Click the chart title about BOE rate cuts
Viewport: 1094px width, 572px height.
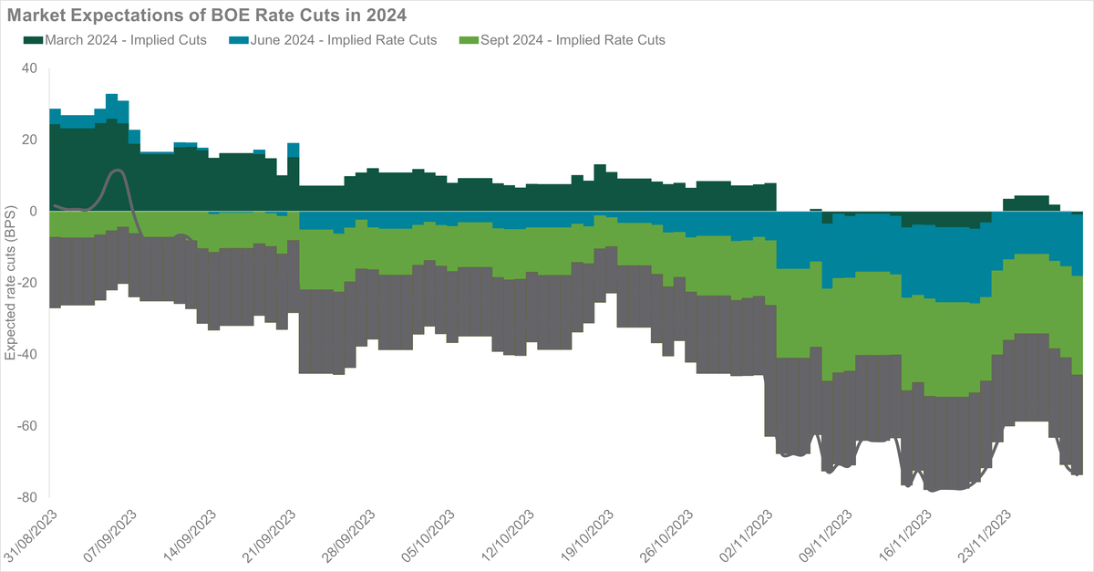pos(206,15)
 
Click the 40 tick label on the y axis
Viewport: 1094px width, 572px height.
pos(29,68)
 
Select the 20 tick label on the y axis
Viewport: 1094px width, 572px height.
pos(29,140)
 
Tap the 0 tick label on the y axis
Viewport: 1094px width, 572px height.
pos(33,211)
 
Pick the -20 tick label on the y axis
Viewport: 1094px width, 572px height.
pos(27,283)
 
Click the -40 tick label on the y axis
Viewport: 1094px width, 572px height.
pos(27,354)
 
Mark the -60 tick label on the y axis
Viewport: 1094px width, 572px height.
pos(27,425)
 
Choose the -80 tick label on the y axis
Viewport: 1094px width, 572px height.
pos(27,497)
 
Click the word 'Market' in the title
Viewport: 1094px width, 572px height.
pos(36,15)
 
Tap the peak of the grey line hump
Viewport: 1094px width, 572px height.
pos(117,171)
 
